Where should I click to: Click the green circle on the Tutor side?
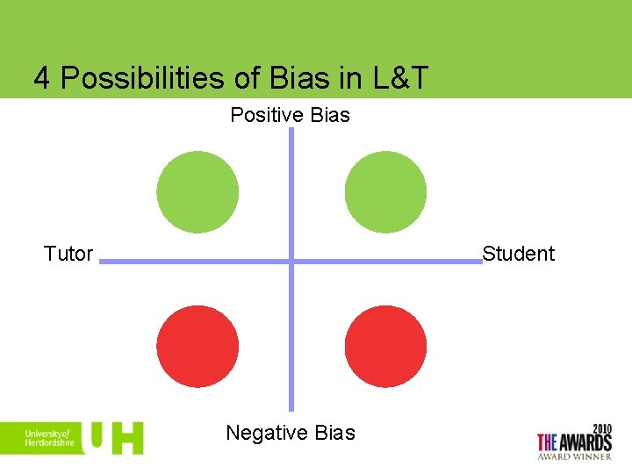pyautogui.click(x=197, y=193)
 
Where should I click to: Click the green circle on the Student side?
pyautogui.click(x=385, y=193)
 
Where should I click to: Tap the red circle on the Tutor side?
pyautogui.click(x=197, y=346)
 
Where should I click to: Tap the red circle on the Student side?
pyautogui.click(x=385, y=346)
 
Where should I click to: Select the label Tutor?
pyautogui.click(x=68, y=254)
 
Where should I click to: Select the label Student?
pyautogui.click(x=519, y=254)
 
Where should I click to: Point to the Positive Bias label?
pyautogui.click(x=290, y=115)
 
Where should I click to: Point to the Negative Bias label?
pyautogui.click(x=291, y=433)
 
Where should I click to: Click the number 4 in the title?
pyautogui.click(x=41, y=79)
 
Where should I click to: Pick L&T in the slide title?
pyautogui.click(x=397, y=79)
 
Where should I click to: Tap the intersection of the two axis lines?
pyautogui.click(x=291, y=261)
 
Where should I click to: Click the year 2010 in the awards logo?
pyautogui.click(x=600, y=428)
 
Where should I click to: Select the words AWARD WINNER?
pyautogui.click(x=574, y=456)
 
